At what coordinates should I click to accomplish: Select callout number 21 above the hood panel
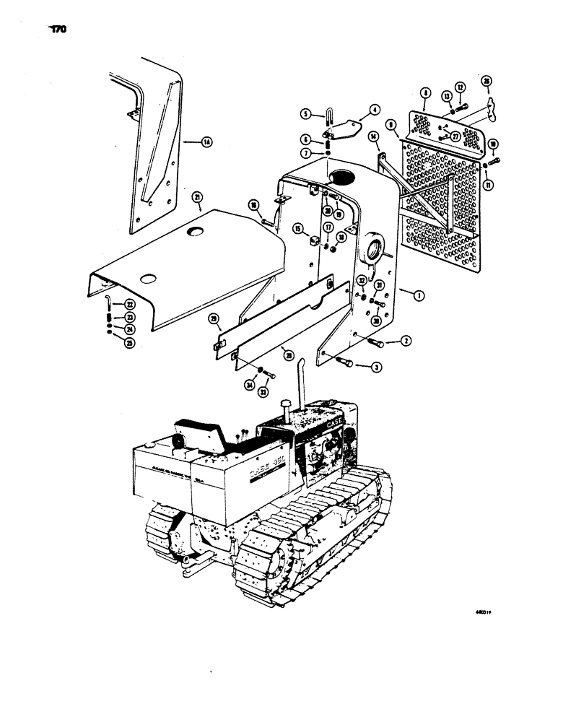coord(196,197)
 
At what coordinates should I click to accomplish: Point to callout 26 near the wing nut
coord(486,81)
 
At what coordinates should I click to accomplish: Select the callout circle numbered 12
coord(463,88)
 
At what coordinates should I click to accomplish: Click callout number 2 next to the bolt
coord(407,341)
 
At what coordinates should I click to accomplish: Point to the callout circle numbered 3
coord(377,367)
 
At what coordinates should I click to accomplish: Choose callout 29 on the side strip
coord(214,318)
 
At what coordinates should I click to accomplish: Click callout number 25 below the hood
coord(110,342)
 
